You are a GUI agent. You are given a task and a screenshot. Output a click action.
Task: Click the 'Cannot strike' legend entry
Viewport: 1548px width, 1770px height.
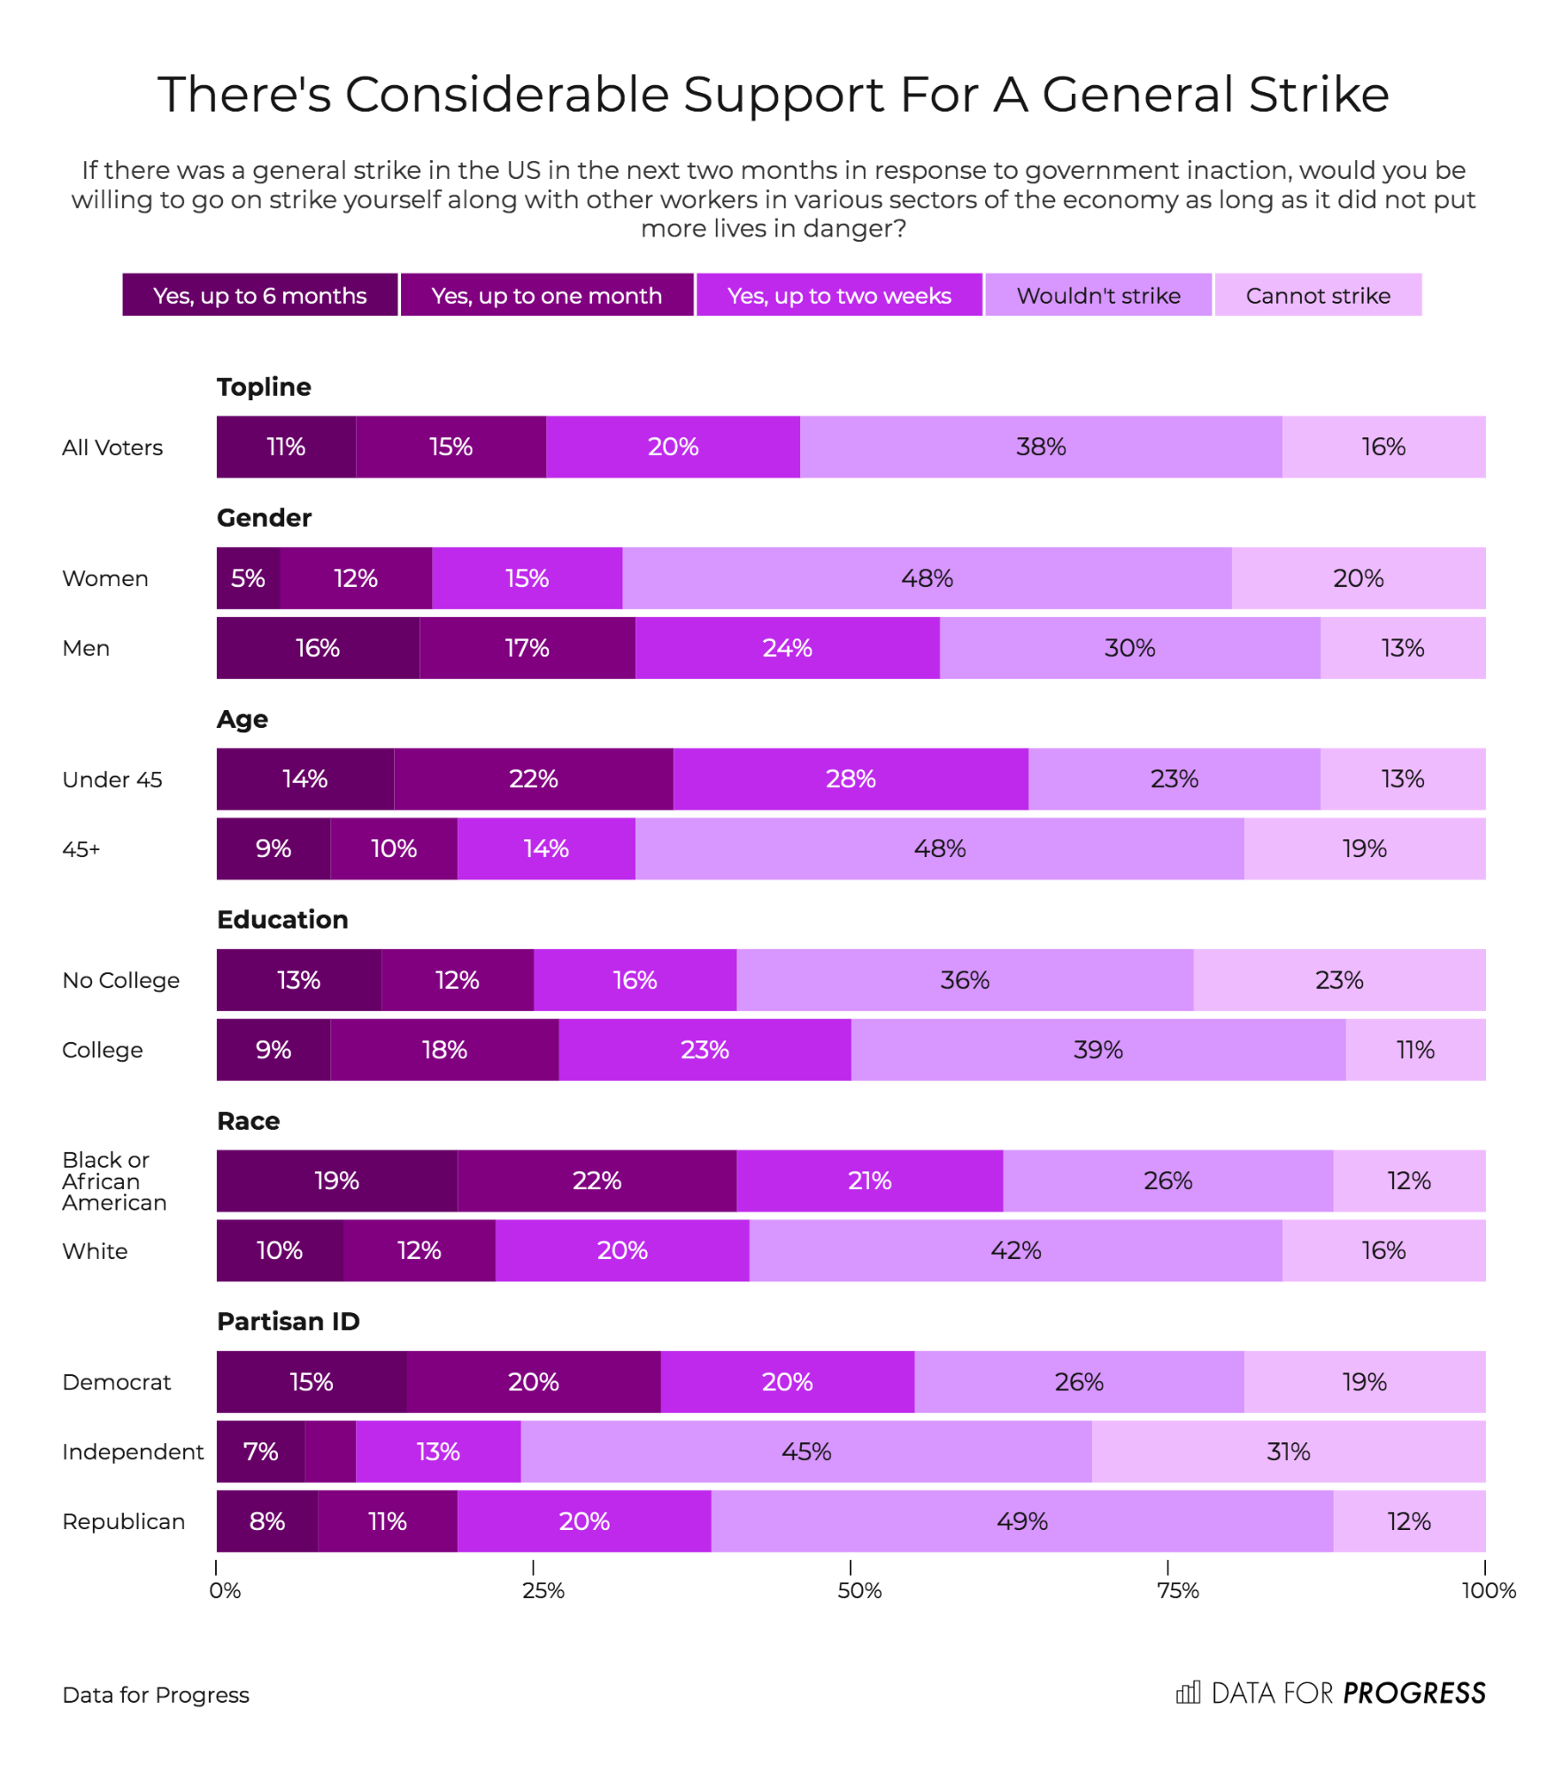coord(1317,295)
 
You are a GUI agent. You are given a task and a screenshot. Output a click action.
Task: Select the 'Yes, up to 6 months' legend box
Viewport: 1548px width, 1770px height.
coord(259,295)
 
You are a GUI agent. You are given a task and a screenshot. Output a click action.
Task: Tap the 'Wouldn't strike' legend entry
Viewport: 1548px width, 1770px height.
coord(1097,295)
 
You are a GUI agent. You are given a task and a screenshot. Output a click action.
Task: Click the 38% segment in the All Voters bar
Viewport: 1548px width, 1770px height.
coord(1040,447)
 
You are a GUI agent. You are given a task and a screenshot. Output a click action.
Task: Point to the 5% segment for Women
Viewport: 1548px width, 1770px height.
coord(248,578)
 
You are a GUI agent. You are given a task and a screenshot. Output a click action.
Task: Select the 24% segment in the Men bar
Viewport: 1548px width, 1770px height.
coord(787,648)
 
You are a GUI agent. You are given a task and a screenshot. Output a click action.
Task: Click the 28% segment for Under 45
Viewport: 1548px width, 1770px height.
coord(850,779)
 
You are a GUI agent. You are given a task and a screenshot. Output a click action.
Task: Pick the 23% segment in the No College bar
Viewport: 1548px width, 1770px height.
coord(1338,980)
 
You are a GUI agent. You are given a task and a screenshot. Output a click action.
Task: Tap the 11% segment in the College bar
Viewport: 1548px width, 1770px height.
coord(1414,1050)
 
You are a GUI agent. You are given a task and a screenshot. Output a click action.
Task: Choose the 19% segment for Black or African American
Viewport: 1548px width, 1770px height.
coord(336,1180)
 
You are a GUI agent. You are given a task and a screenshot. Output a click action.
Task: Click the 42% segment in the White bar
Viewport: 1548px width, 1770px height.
coord(1015,1250)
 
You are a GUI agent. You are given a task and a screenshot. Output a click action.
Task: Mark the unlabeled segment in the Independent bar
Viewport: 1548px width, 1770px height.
coord(330,1452)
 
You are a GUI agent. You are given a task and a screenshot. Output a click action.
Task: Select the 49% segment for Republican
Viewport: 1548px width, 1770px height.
coord(1021,1521)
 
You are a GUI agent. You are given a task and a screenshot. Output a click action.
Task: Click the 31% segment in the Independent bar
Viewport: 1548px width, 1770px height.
coord(1288,1452)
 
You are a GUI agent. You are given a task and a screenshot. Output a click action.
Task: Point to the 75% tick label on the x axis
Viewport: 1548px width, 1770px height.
coord(1177,1591)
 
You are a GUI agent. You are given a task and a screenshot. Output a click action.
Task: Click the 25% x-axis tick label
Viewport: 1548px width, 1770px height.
coord(543,1591)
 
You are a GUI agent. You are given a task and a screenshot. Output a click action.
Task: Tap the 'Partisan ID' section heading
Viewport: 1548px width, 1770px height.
coord(289,1321)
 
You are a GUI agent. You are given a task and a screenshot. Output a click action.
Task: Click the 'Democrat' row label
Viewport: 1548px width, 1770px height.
coord(117,1382)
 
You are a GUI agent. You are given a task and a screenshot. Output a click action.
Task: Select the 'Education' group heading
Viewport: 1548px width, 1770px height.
coord(282,920)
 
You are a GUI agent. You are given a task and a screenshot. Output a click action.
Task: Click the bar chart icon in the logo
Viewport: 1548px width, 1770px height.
coord(1188,1692)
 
